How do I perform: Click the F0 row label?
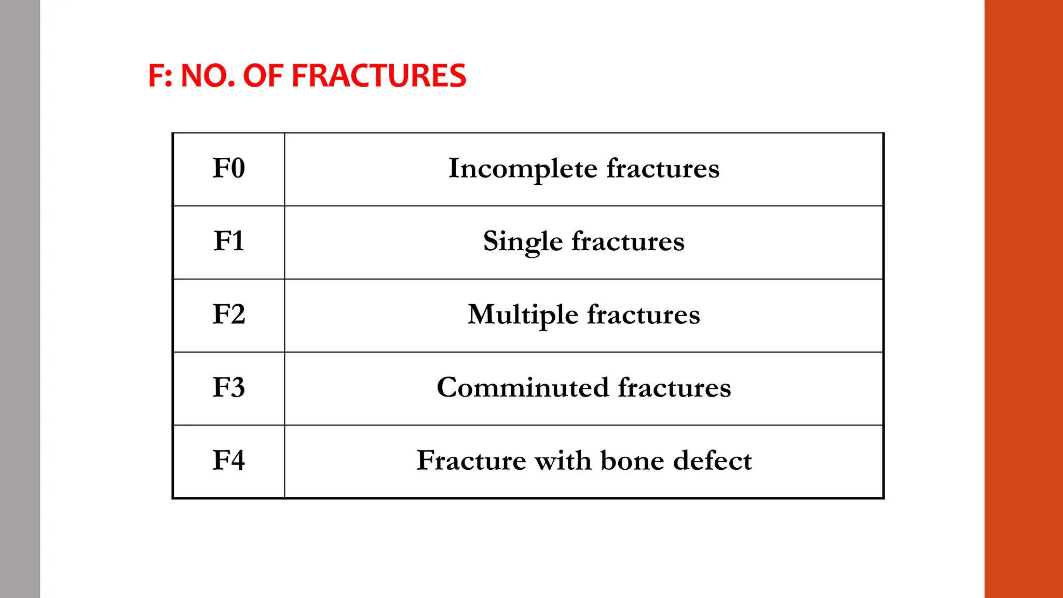click(x=228, y=168)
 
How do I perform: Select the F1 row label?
click(x=228, y=241)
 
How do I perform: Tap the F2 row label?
click(x=228, y=315)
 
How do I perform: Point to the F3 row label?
click(x=228, y=387)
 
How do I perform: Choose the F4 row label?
click(x=228, y=460)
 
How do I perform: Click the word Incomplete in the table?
click(x=523, y=169)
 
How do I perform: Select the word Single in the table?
click(x=523, y=242)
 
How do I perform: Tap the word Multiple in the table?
click(x=523, y=315)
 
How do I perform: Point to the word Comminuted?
click(x=523, y=388)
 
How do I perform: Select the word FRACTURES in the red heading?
click(x=379, y=76)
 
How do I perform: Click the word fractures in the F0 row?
click(x=663, y=169)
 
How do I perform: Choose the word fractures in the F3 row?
click(x=674, y=388)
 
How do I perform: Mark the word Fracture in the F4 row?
click(x=471, y=460)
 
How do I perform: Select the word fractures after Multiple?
click(x=644, y=315)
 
